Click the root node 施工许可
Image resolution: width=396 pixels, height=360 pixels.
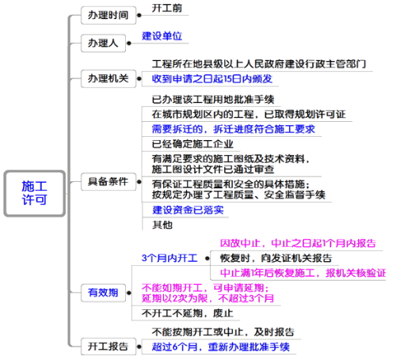[34, 193]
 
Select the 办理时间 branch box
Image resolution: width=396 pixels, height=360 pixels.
[109, 15]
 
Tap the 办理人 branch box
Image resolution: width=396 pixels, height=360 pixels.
[103, 43]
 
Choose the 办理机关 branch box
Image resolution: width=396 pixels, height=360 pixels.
[109, 78]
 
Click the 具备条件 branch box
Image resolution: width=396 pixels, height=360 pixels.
[109, 181]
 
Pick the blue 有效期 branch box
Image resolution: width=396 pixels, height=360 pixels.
[103, 293]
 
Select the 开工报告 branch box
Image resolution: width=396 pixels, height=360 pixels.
[109, 347]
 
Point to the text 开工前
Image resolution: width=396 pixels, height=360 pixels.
[167, 8]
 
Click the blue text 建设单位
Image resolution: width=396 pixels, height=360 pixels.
[162, 36]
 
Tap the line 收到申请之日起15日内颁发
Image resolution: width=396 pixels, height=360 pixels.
[212, 78]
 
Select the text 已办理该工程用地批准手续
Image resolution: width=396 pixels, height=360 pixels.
[213, 100]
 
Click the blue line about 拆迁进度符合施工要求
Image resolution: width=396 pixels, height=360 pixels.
[234, 129]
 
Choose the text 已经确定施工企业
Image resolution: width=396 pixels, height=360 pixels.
[192, 144]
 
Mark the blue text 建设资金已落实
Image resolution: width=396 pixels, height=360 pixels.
[188, 210]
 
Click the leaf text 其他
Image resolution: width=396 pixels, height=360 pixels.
[162, 225]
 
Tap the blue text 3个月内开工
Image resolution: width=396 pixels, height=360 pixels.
[169, 258]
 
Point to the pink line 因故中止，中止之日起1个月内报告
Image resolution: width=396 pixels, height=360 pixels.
[298, 243]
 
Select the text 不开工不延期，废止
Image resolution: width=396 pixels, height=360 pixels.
[188, 313]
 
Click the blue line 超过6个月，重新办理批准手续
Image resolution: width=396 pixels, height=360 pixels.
[221, 347]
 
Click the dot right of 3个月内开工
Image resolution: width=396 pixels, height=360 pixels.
[208, 259]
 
